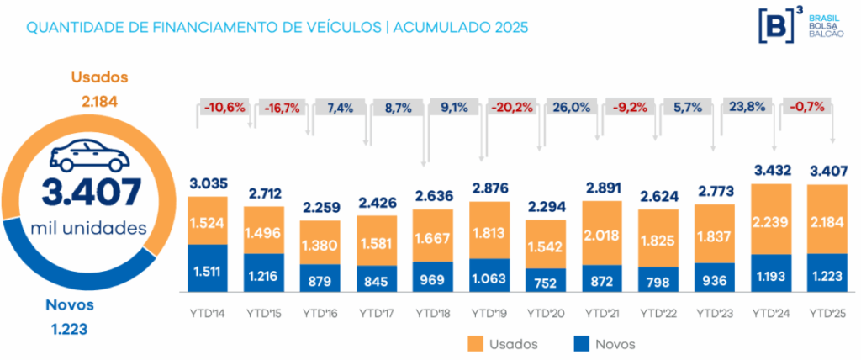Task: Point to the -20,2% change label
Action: tap(510, 108)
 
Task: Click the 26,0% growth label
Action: tap(569, 108)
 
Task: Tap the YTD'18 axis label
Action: tap(433, 313)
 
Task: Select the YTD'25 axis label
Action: tap(827, 313)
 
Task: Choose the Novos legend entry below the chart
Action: tap(604, 343)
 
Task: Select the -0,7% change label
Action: tap(804, 108)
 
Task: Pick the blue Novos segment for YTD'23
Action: tap(713, 278)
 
